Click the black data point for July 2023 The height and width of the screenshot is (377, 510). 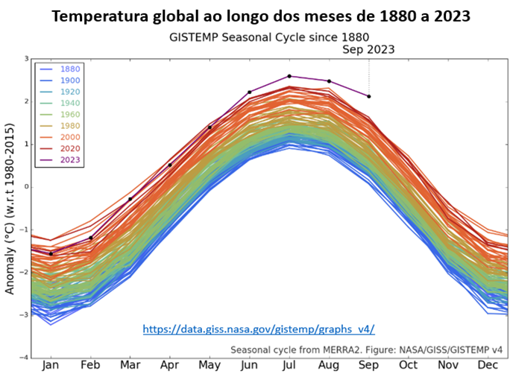(289, 76)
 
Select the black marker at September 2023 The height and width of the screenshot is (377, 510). (369, 96)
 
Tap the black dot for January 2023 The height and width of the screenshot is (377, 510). (51, 253)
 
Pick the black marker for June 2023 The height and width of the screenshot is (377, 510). (250, 92)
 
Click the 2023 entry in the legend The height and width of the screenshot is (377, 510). (60, 160)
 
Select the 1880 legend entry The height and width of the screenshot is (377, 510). (60, 69)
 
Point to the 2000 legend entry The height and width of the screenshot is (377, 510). (60, 137)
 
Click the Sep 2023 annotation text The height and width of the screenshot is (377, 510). (368, 50)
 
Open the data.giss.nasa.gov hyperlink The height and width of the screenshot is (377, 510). (259, 329)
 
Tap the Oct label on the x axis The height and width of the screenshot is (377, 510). (408, 365)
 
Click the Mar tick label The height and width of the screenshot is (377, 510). (130, 365)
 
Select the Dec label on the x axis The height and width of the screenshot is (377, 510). (488, 365)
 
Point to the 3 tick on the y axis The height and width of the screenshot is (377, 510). (27, 59)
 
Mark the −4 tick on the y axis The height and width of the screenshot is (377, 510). (25, 358)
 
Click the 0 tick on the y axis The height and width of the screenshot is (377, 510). (27, 187)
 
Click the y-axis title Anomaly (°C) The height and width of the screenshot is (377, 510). (10, 209)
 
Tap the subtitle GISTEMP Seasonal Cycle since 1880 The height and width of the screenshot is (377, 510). (269, 37)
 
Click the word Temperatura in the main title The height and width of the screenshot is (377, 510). (101, 16)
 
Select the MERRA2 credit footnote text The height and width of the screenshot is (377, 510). (367, 350)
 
